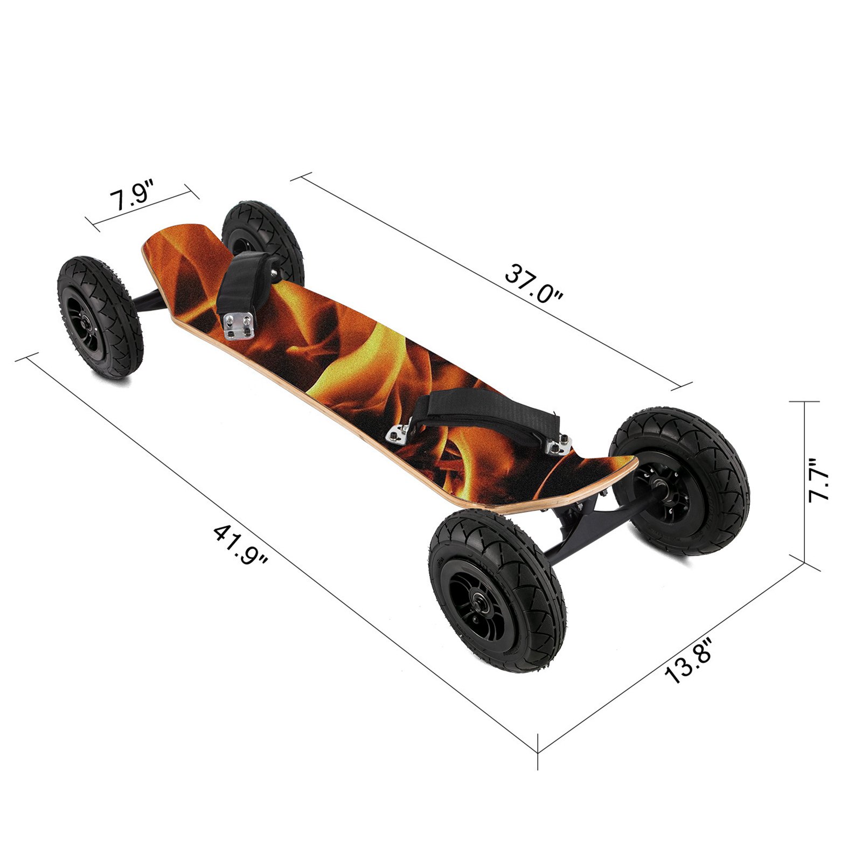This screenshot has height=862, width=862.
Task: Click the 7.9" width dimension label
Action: (133, 199)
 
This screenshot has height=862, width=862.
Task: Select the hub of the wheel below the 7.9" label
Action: (87, 325)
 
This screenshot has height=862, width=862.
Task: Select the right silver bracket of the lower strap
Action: (558, 445)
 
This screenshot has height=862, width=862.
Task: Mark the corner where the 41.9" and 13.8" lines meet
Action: (538, 752)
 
